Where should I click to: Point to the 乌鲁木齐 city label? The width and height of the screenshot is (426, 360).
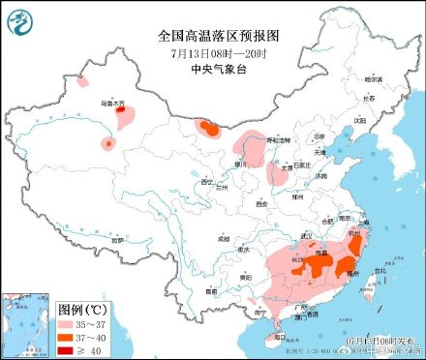[x=113, y=102]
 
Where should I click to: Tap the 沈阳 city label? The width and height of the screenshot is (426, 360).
[x=360, y=120]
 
